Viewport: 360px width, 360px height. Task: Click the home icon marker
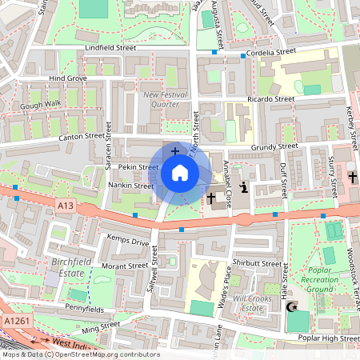pyautogui.click(x=179, y=173)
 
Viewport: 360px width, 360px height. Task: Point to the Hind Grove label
pyautogui.click(x=67, y=78)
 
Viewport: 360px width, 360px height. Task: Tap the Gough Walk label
pyautogui.click(x=40, y=105)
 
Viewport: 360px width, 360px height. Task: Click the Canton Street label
pyautogui.click(x=82, y=137)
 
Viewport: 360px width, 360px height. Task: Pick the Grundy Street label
pyautogui.click(x=274, y=146)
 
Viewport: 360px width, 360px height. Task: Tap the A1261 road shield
pyautogui.click(x=16, y=320)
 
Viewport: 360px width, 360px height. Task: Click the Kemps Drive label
pyautogui.click(x=127, y=241)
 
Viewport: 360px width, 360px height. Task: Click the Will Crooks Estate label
pyautogui.click(x=254, y=303)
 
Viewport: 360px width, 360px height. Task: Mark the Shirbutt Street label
pyautogui.click(x=256, y=263)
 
